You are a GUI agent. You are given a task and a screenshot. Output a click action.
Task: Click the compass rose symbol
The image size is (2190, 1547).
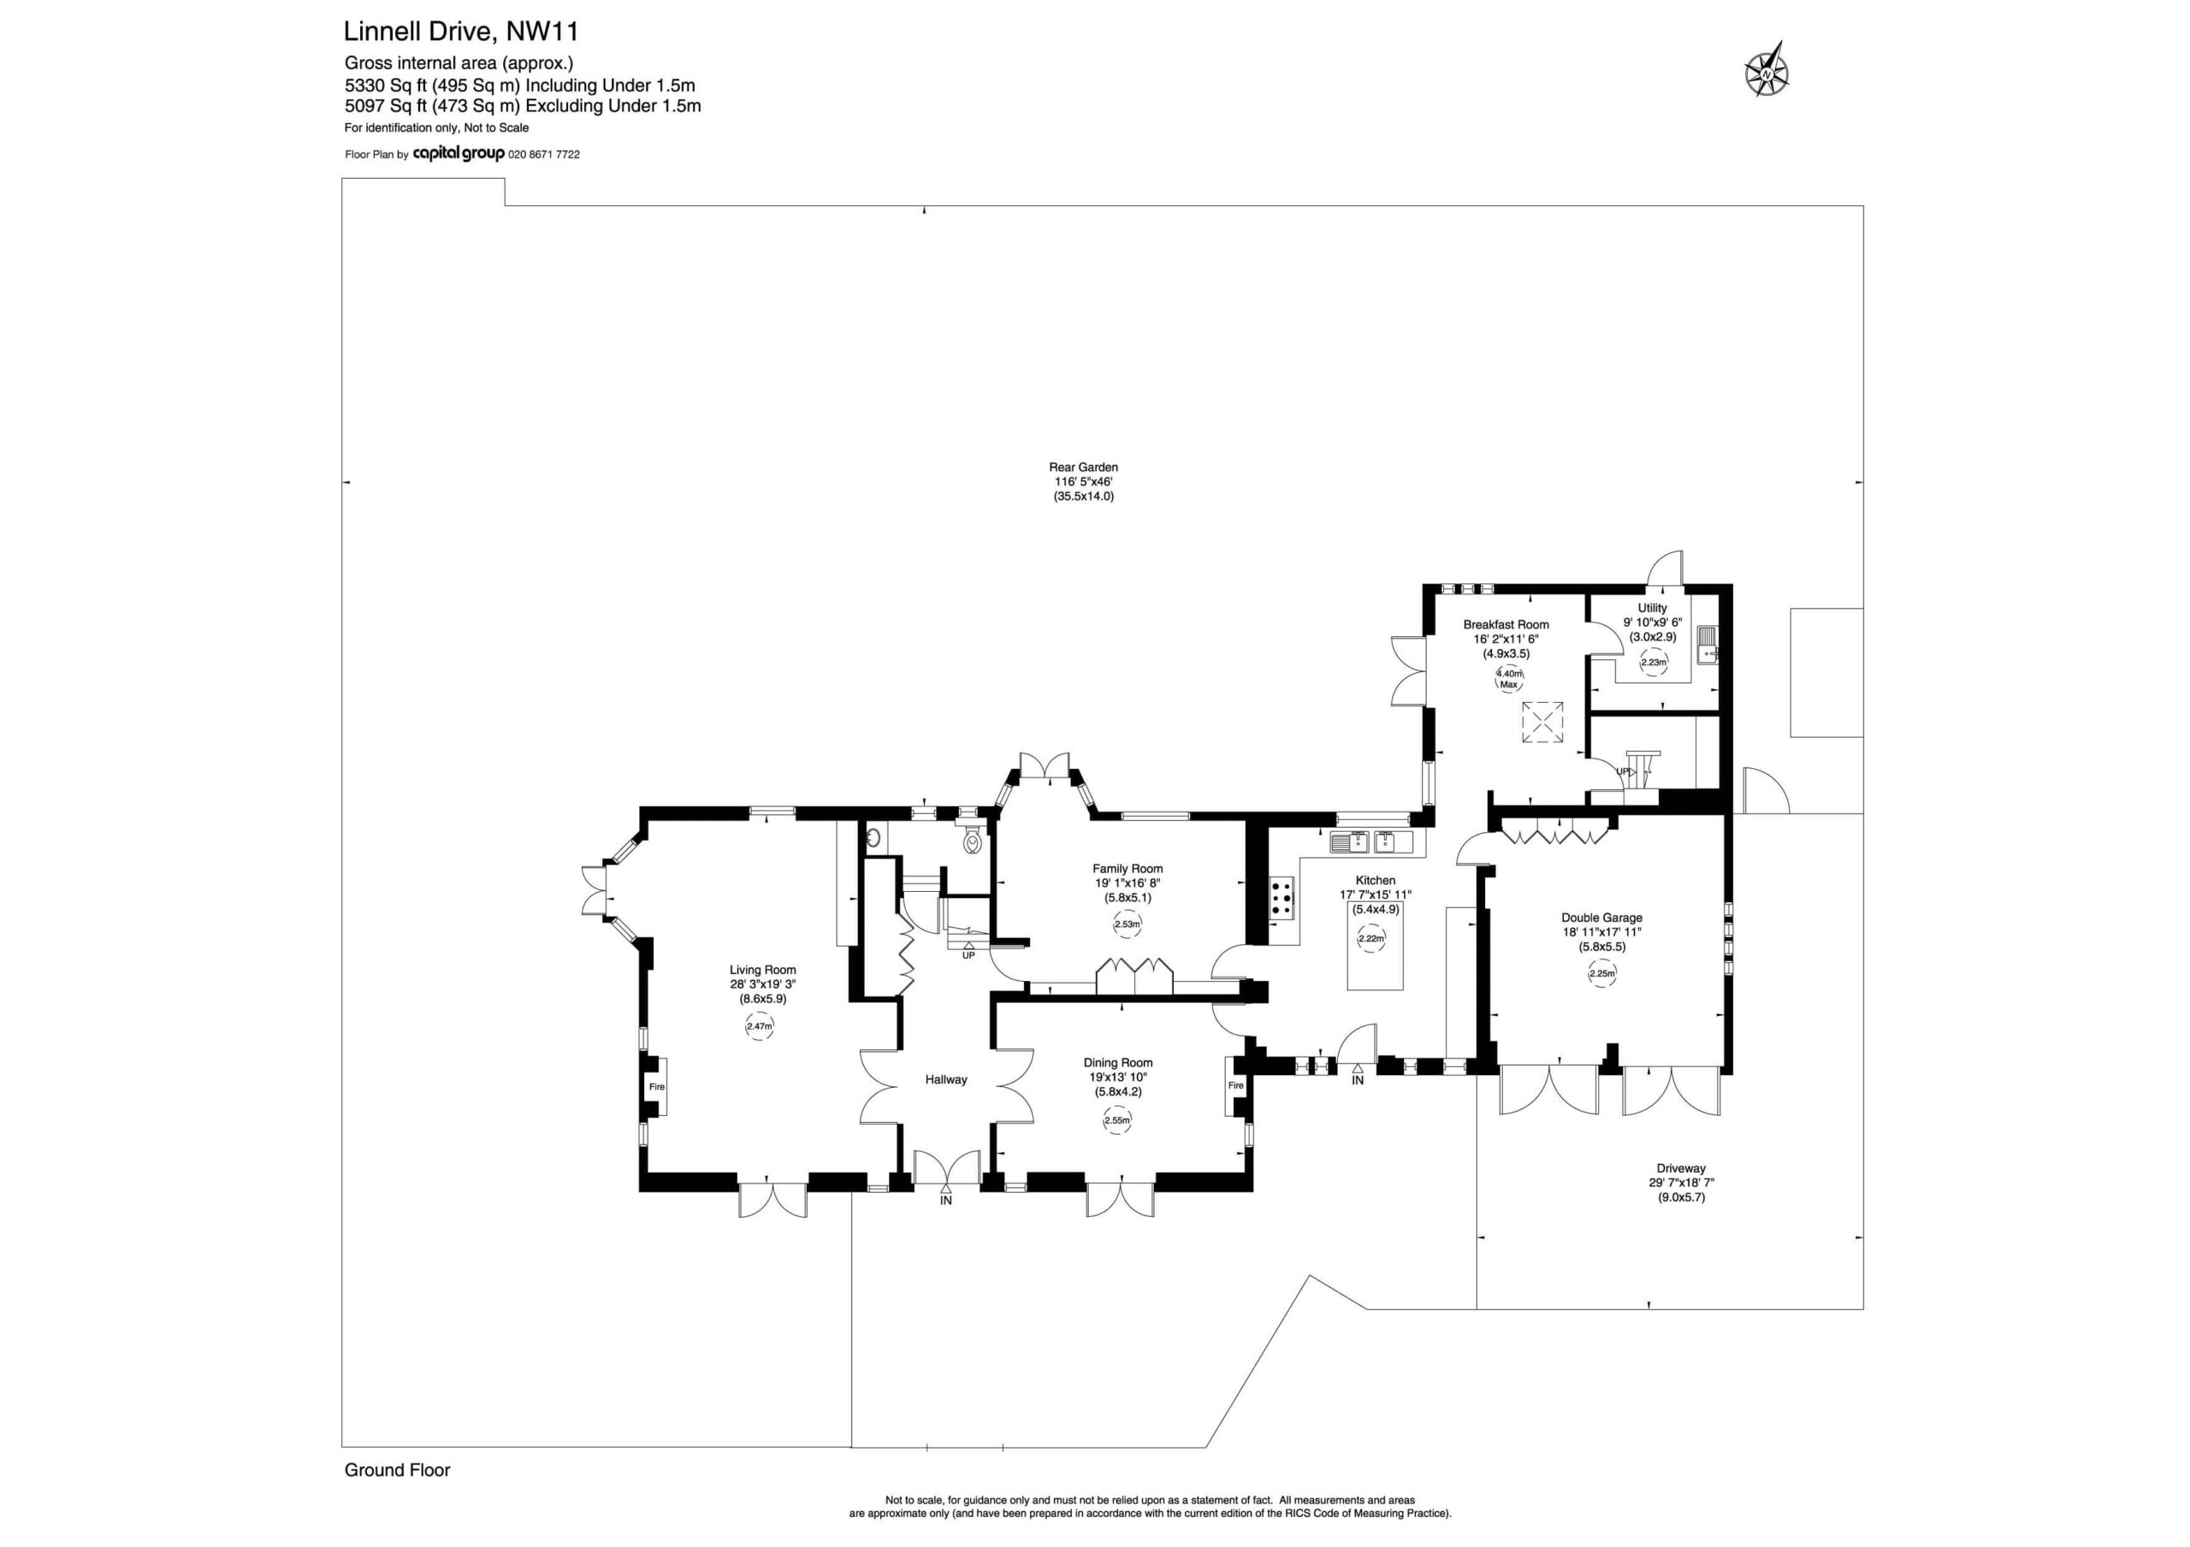point(1767,74)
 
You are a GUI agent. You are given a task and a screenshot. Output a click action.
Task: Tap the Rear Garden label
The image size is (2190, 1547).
point(1083,467)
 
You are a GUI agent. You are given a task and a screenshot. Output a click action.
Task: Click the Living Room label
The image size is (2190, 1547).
point(762,970)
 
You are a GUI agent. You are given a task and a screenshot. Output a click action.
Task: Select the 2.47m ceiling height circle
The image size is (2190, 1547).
point(760,1026)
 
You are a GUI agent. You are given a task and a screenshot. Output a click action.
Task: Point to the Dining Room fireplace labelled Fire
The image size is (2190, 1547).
point(1235,1085)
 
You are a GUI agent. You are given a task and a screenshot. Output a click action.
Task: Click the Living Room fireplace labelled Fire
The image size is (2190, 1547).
point(656,1086)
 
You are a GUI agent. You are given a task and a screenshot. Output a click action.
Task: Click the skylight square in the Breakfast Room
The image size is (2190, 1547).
point(1542,722)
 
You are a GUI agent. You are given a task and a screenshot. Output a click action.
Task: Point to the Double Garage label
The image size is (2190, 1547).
point(1601,918)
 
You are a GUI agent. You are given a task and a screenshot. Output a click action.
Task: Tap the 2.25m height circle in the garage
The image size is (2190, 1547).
point(1602,974)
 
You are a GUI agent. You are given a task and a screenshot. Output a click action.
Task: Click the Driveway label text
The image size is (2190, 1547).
point(1681,1168)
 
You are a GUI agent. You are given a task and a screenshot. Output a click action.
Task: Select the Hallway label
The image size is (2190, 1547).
point(946,1080)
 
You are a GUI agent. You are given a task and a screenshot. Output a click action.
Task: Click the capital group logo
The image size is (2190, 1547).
point(459,154)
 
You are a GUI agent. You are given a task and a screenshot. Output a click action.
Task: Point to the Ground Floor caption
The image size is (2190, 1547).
point(397,1470)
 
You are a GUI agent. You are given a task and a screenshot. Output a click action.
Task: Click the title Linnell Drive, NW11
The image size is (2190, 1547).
point(461,32)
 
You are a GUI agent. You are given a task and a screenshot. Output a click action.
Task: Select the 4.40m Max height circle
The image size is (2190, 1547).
point(1509,678)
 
